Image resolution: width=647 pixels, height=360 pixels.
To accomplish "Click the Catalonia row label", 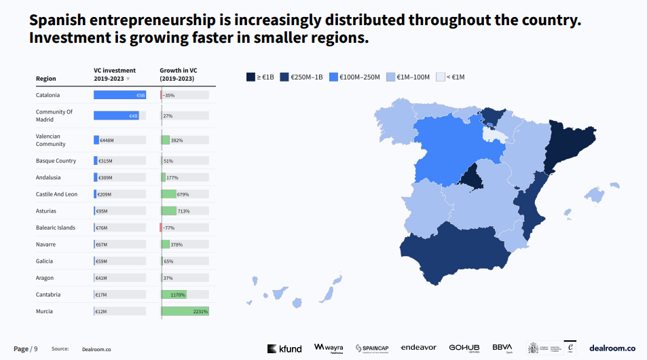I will [x=48, y=95].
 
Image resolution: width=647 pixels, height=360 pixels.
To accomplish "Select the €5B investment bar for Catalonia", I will [x=119, y=95].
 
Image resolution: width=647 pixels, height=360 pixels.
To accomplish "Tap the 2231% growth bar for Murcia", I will [x=185, y=311].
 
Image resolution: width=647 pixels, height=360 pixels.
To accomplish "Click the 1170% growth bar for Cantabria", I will [x=173, y=295].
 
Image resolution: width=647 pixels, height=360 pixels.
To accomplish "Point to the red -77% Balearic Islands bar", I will [x=161, y=228].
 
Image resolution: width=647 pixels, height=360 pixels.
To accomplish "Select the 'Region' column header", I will [x=46, y=79].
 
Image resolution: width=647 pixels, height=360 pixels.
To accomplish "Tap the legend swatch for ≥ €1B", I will [x=251, y=77].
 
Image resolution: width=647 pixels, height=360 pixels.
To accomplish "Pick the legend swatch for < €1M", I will [x=440, y=77].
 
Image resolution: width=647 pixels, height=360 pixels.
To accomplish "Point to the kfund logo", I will [x=284, y=348].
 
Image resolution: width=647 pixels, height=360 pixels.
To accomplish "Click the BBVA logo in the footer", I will [x=502, y=348].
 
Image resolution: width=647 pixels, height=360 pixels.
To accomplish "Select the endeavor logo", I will [x=418, y=348].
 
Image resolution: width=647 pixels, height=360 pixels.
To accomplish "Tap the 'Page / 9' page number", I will [x=26, y=348].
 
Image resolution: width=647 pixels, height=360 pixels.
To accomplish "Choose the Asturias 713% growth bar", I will [x=169, y=211].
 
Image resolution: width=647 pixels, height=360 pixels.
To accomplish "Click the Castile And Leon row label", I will [x=56, y=194].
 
